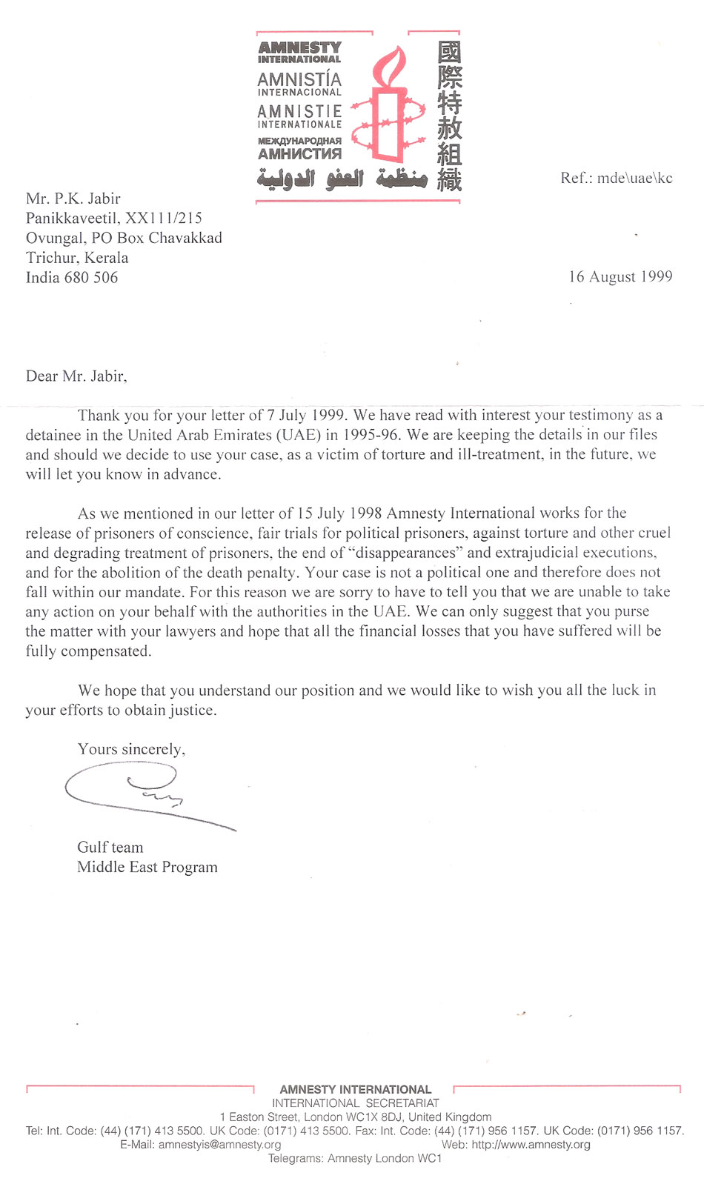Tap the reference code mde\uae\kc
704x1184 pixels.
click(x=635, y=178)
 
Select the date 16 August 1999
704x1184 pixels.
click(x=620, y=277)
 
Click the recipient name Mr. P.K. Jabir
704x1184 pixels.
click(x=73, y=199)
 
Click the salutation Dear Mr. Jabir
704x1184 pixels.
click(x=76, y=376)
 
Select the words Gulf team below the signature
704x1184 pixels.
click(x=110, y=848)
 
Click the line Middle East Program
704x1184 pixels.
click(x=147, y=868)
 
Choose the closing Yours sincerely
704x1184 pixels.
click(x=131, y=750)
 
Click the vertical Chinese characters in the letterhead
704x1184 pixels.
click(x=449, y=115)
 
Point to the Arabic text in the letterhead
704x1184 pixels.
click(x=342, y=179)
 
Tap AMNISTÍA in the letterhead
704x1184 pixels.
click(x=299, y=79)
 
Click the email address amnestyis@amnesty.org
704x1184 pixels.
click(x=220, y=1145)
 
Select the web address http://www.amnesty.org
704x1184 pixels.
click(x=531, y=1145)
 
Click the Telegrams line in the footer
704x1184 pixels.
click(x=354, y=1159)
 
